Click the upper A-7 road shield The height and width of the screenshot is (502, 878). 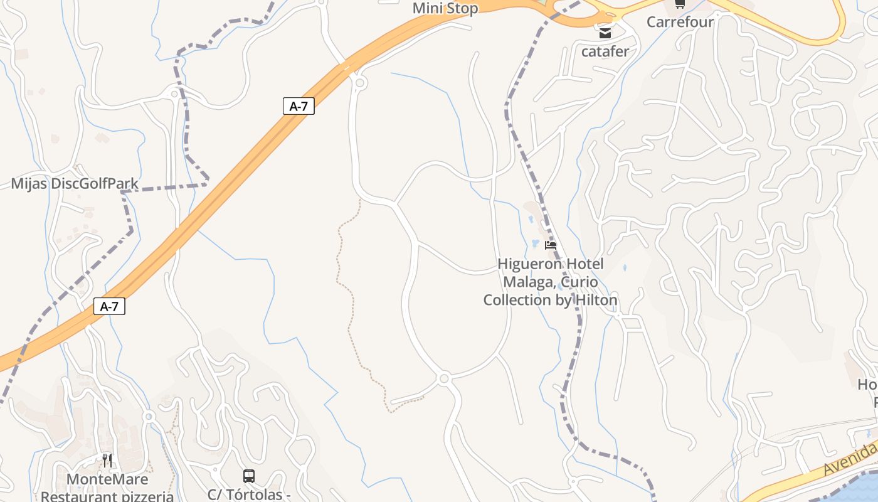299,106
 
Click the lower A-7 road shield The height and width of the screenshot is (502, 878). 109,306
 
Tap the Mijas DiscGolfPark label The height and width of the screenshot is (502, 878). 75,184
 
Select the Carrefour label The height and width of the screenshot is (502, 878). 680,22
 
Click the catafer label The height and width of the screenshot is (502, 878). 605,51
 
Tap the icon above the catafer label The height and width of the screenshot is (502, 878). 605,33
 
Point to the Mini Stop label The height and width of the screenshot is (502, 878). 445,8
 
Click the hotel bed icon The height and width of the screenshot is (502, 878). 551,245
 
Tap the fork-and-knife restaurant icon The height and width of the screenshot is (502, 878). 107,461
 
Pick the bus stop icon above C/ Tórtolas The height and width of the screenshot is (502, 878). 249,476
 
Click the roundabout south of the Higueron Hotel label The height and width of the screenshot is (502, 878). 444,378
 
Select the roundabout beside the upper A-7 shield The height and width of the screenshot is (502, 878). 360,83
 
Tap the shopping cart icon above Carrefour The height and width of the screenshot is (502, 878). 680,4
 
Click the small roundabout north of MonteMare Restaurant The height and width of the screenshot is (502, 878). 149,416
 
